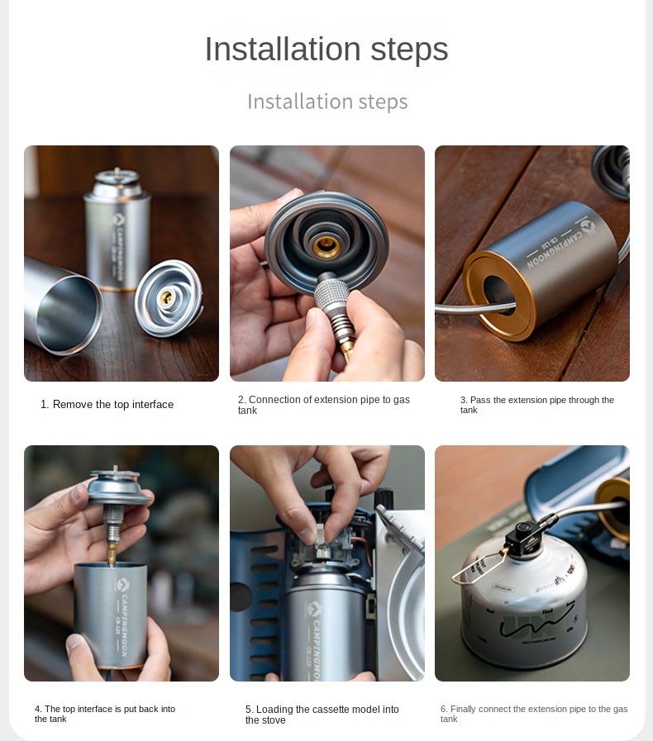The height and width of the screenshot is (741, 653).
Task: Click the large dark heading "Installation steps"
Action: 326,49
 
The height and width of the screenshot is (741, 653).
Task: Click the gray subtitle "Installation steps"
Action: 327,102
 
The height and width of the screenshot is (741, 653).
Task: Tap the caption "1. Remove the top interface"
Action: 107,405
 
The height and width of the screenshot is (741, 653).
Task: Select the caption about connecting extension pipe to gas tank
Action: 324,405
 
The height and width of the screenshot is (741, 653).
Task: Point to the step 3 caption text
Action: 537,405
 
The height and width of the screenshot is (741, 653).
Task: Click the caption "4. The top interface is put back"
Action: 105,714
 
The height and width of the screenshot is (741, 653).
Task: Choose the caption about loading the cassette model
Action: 322,715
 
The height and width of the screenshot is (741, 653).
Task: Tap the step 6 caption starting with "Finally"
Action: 534,714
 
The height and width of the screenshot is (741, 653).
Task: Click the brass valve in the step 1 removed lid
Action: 166,297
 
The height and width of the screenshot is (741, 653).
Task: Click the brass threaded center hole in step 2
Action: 326,246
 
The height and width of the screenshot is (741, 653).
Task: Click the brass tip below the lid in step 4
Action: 112,554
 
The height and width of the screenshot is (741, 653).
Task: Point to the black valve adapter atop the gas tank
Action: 527,536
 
